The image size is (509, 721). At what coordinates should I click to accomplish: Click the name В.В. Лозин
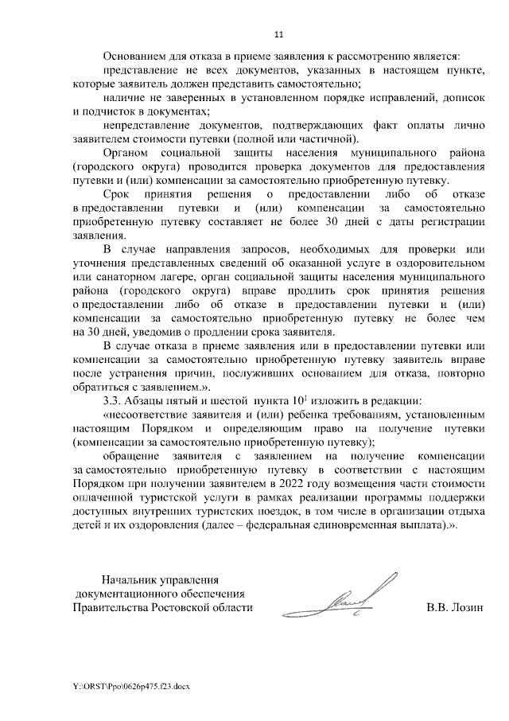tap(455, 608)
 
